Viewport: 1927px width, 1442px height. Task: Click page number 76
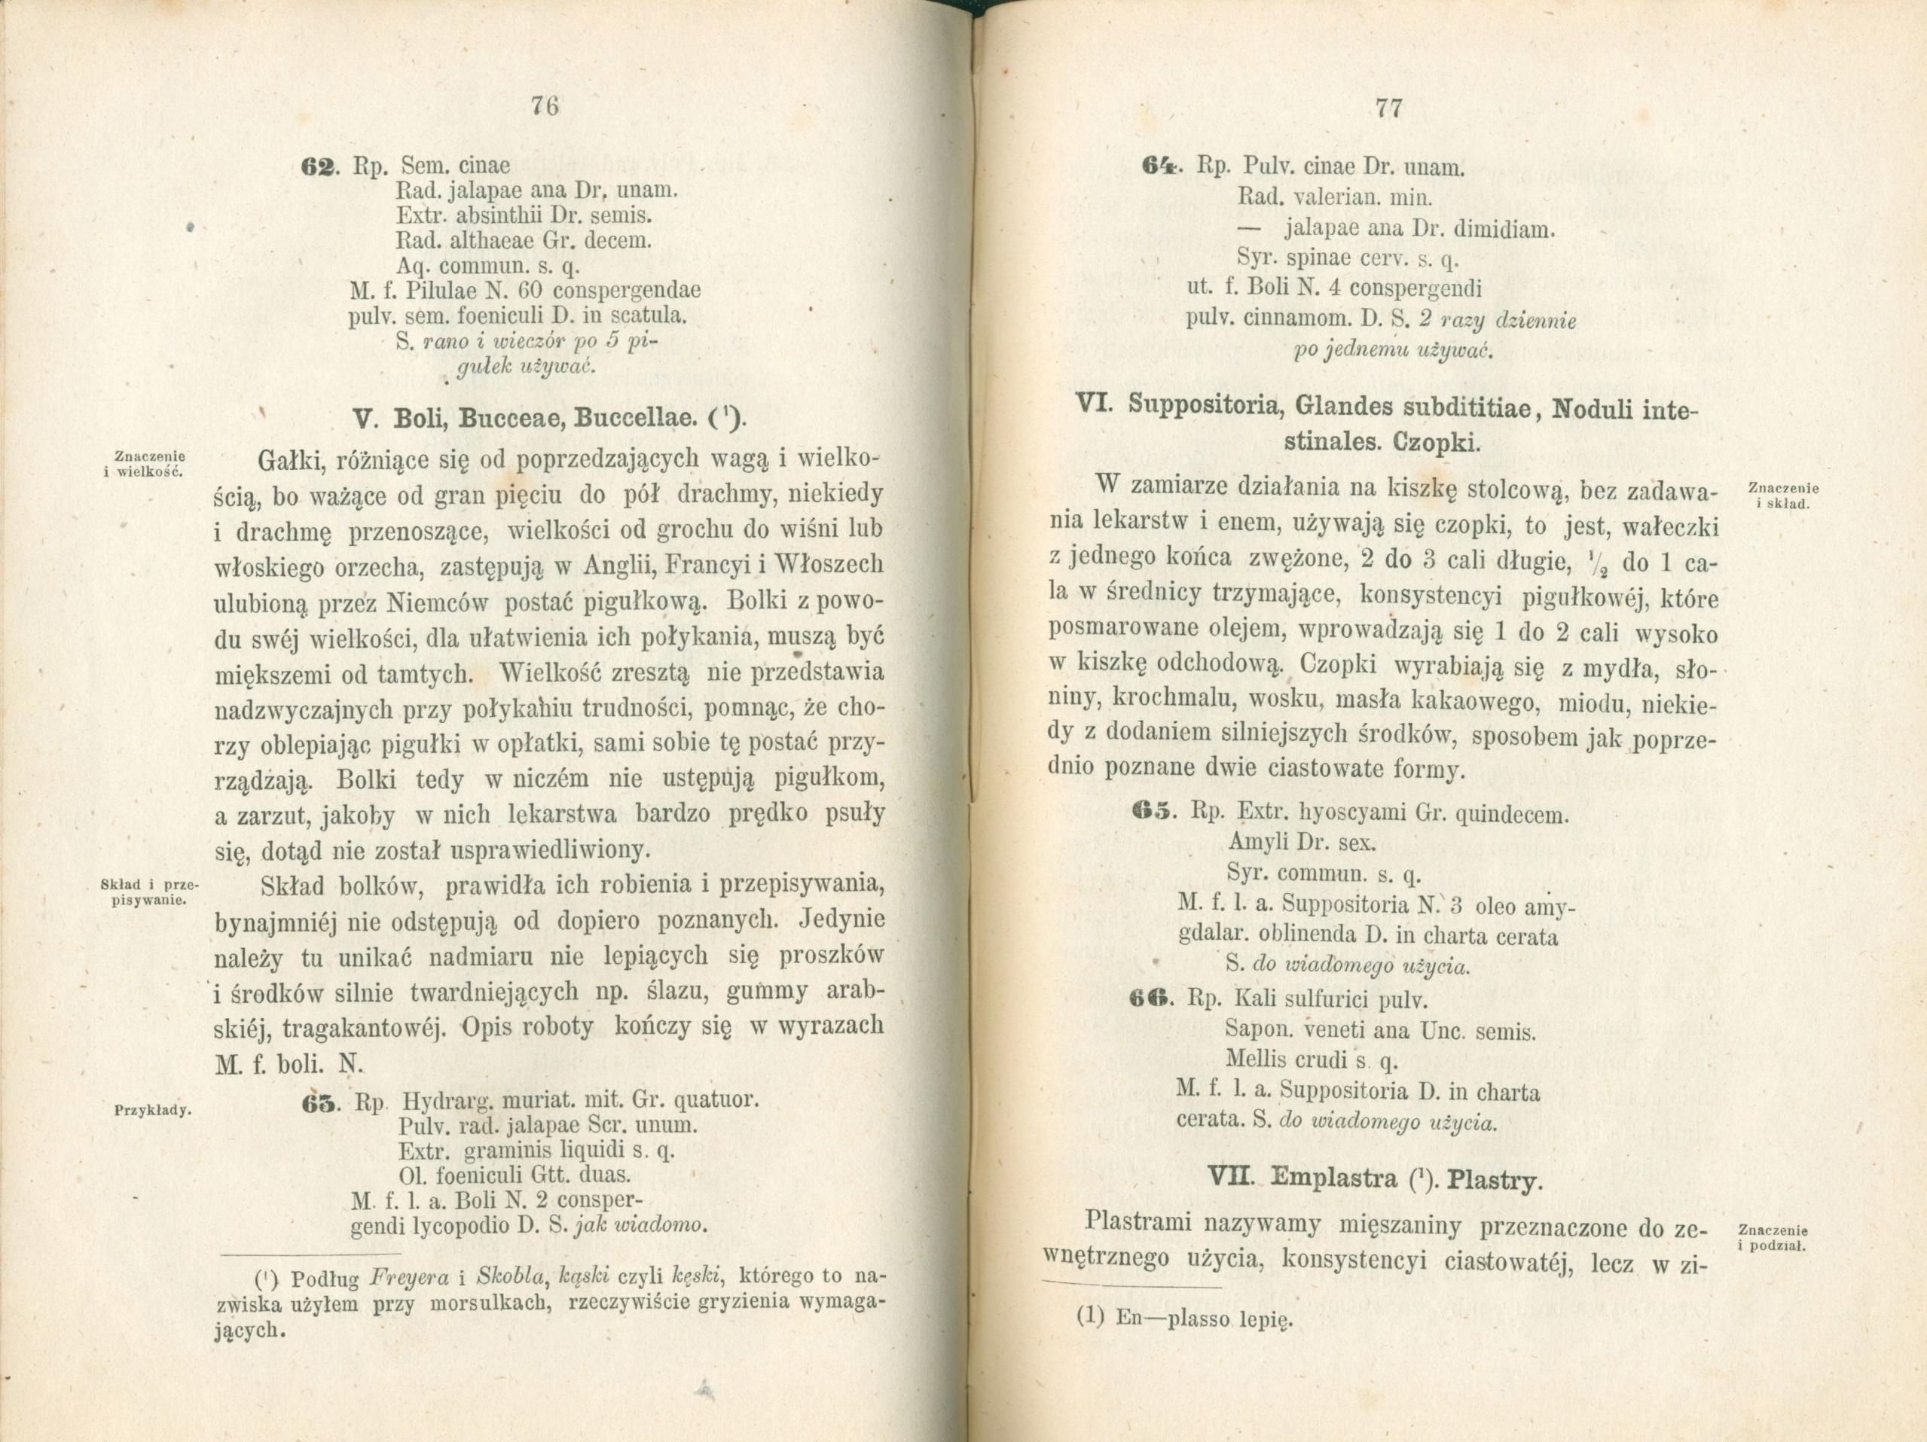(544, 107)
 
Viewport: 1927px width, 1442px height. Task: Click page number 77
(1387, 108)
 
